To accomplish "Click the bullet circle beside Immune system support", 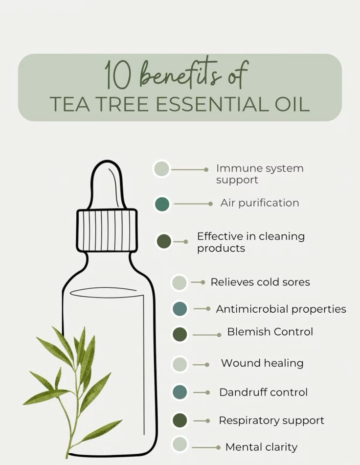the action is pos(162,169).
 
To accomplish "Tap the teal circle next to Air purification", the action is pos(162,204).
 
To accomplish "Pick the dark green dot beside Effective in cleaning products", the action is pos(164,241).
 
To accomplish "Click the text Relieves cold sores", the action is pos(260,282).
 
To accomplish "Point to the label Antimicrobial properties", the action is pos(281,309).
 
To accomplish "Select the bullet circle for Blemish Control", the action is pos(180,334).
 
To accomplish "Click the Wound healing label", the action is pos(262,363).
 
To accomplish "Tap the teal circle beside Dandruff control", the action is pos(180,392).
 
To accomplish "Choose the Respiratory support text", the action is pos(271,420).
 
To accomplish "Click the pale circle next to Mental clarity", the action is pos(180,444).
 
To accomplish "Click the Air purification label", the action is pos(260,203).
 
